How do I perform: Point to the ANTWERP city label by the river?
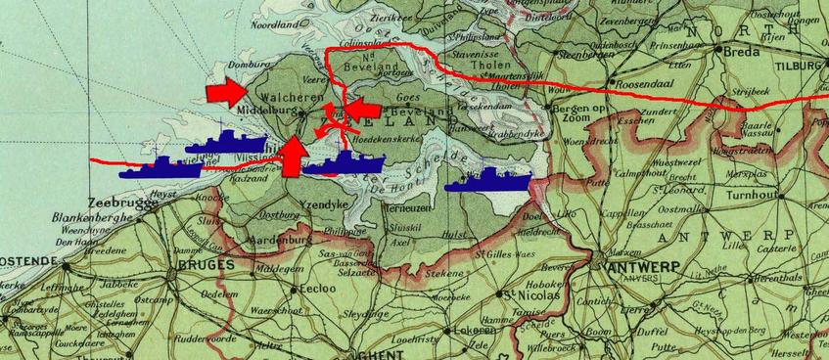pos(637,266)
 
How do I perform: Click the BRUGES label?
pos(201,264)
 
